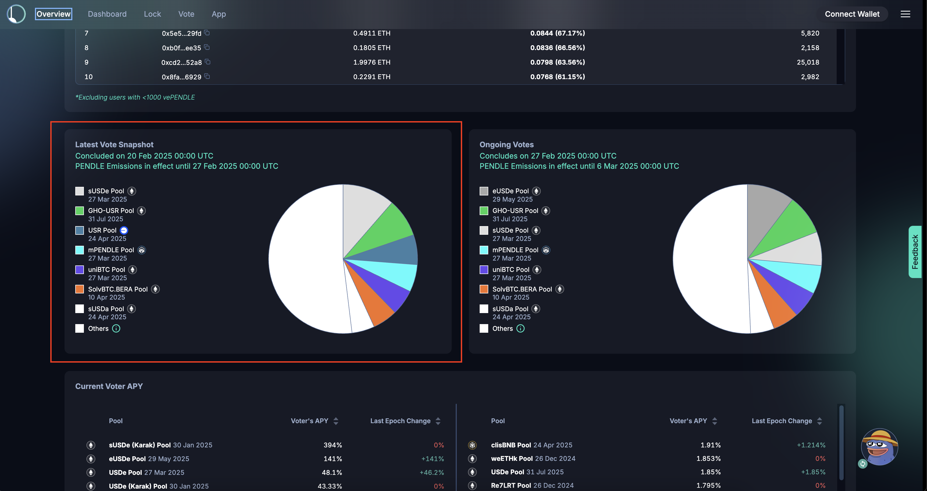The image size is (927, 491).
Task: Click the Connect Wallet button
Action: pyautogui.click(x=852, y=14)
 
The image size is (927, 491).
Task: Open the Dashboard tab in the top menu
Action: pyautogui.click(x=107, y=14)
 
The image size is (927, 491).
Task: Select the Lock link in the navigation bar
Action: pyautogui.click(x=152, y=14)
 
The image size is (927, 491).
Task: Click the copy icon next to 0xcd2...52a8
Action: pyautogui.click(x=208, y=62)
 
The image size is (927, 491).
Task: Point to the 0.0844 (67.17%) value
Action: pyautogui.click(x=557, y=33)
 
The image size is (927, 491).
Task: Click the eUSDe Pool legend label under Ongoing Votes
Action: pyautogui.click(x=510, y=191)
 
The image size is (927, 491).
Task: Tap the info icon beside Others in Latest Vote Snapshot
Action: pyautogui.click(x=116, y=328)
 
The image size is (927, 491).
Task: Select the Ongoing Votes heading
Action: pyautogui.click(x=506, y=145)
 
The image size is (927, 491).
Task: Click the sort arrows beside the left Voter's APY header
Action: pyautogui.click(x=336, y=421)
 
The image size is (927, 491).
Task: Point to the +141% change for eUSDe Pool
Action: pyautogui.click(x=432, y=459)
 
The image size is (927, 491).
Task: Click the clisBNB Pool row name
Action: pyautogui.click(x=511, y=445)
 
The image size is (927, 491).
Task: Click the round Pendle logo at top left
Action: pyautogui.click(x=16, y=14)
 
